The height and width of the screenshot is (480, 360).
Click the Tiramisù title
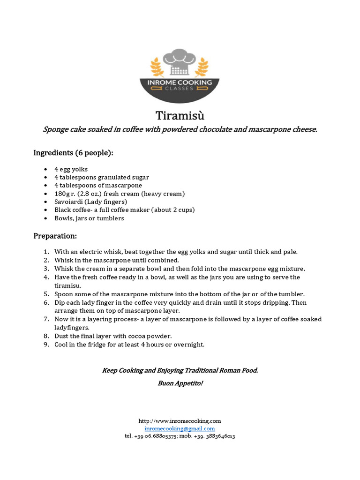(x=180, y=115)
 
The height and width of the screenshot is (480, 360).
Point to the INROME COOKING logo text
(x=180, y=82)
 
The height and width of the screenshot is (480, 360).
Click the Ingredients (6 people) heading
(x=73, y=153)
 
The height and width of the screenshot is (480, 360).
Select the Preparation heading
(x=55, y=236)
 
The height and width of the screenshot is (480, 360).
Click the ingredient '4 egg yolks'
(x=71, y=169)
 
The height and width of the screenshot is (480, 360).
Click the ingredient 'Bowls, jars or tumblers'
(x=89, y=218)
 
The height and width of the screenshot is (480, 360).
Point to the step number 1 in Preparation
(x=46, y=252)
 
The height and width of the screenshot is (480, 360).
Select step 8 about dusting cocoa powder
(x=113, y=336)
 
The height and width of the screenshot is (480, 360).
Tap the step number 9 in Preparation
(x=46, y=345)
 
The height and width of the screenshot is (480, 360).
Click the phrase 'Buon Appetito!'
(x=180, y=383)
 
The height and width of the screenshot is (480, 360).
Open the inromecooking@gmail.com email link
(x=180, y=428)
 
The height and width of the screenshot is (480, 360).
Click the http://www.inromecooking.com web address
(x=180, y=421)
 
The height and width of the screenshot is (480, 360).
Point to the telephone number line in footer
(x=180, y=436)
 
